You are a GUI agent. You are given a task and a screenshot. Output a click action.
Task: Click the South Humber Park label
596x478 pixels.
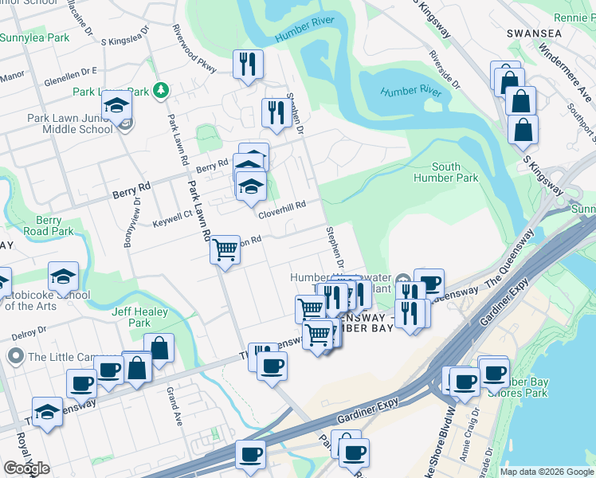[445, 172]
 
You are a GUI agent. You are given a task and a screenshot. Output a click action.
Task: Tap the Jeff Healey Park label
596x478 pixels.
[131, 317]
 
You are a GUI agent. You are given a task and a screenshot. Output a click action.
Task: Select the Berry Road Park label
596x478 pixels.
[54, 225]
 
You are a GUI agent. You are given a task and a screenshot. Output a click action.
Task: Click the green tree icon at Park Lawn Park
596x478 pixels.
[160, 90]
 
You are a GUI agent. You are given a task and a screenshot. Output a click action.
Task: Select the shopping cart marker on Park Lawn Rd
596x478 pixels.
[225, 249]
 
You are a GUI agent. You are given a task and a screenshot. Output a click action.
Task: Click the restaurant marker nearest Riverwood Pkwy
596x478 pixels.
[249, 63]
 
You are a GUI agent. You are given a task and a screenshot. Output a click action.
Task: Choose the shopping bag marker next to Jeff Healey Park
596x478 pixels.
[159, 347]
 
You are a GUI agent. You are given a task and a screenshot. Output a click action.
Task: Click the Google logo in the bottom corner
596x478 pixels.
[26, 468]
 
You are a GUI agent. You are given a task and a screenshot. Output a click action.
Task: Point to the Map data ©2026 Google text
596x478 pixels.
[547, 472]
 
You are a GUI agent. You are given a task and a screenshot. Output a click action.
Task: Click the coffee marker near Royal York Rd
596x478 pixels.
[81, 383]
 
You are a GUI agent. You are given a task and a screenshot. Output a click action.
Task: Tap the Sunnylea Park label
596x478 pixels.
[34, 37]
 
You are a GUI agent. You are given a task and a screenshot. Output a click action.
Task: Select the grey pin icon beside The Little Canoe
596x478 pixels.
[15, 356]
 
